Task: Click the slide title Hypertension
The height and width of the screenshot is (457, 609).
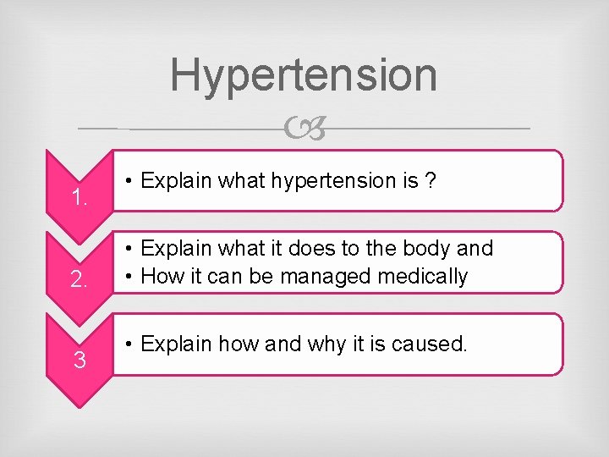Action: (x=304, y=74)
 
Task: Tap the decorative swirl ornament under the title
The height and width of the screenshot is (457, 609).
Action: (x=304, y=129)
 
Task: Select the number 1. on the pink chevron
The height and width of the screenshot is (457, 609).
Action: (x=80, y=199)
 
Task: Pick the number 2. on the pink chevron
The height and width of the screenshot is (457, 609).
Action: (x=80, y=280)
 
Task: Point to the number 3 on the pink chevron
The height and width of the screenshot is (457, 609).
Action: (x=79, y=361)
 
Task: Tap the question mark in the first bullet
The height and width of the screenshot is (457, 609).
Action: (x=431, y=180)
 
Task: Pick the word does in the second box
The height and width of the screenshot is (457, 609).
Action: (x=314, y=249)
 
